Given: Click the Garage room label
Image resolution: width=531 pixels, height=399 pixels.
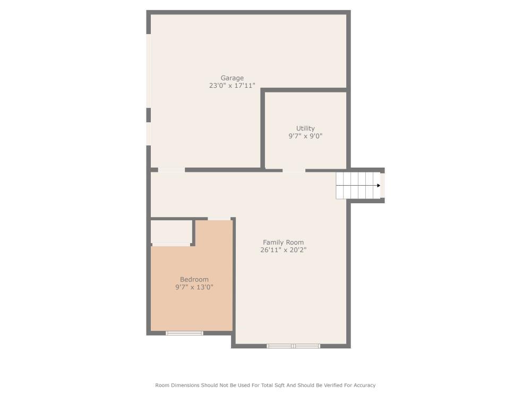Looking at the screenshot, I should [232, 78].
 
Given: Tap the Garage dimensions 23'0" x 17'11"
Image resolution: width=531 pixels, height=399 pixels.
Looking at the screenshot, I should [232, 86].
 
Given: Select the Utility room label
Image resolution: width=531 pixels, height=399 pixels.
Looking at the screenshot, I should [305, 128].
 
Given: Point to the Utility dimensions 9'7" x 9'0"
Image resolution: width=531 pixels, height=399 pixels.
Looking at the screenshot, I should [305, 136].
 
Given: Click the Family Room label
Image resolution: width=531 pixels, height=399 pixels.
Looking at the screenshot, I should [283, 243].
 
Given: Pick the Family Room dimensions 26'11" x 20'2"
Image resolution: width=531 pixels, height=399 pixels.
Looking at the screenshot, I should [283, 250].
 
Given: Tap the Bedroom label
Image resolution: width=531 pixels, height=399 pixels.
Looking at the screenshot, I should [194, 279].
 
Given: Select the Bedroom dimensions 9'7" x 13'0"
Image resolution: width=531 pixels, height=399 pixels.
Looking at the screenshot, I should [194, 287].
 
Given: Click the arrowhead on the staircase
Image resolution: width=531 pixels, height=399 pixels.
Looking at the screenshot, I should [378, 186].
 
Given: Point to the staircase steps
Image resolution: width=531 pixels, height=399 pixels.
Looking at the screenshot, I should [356, 186].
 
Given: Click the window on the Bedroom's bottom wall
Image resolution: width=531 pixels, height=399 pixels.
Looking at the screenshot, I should [184, 333].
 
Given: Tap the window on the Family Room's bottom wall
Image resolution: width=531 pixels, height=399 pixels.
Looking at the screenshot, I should [293, 346].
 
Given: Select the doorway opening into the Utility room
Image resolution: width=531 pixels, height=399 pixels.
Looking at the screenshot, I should [294, 170].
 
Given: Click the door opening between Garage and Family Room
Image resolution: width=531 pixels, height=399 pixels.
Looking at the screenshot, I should [171, 170].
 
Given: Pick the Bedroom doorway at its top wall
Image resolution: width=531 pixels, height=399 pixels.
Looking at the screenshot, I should [219, 219].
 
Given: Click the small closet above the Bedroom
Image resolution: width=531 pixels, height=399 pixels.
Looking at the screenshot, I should [172, 231].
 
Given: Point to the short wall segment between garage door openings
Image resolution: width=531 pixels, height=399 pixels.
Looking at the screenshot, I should [149, 115].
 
